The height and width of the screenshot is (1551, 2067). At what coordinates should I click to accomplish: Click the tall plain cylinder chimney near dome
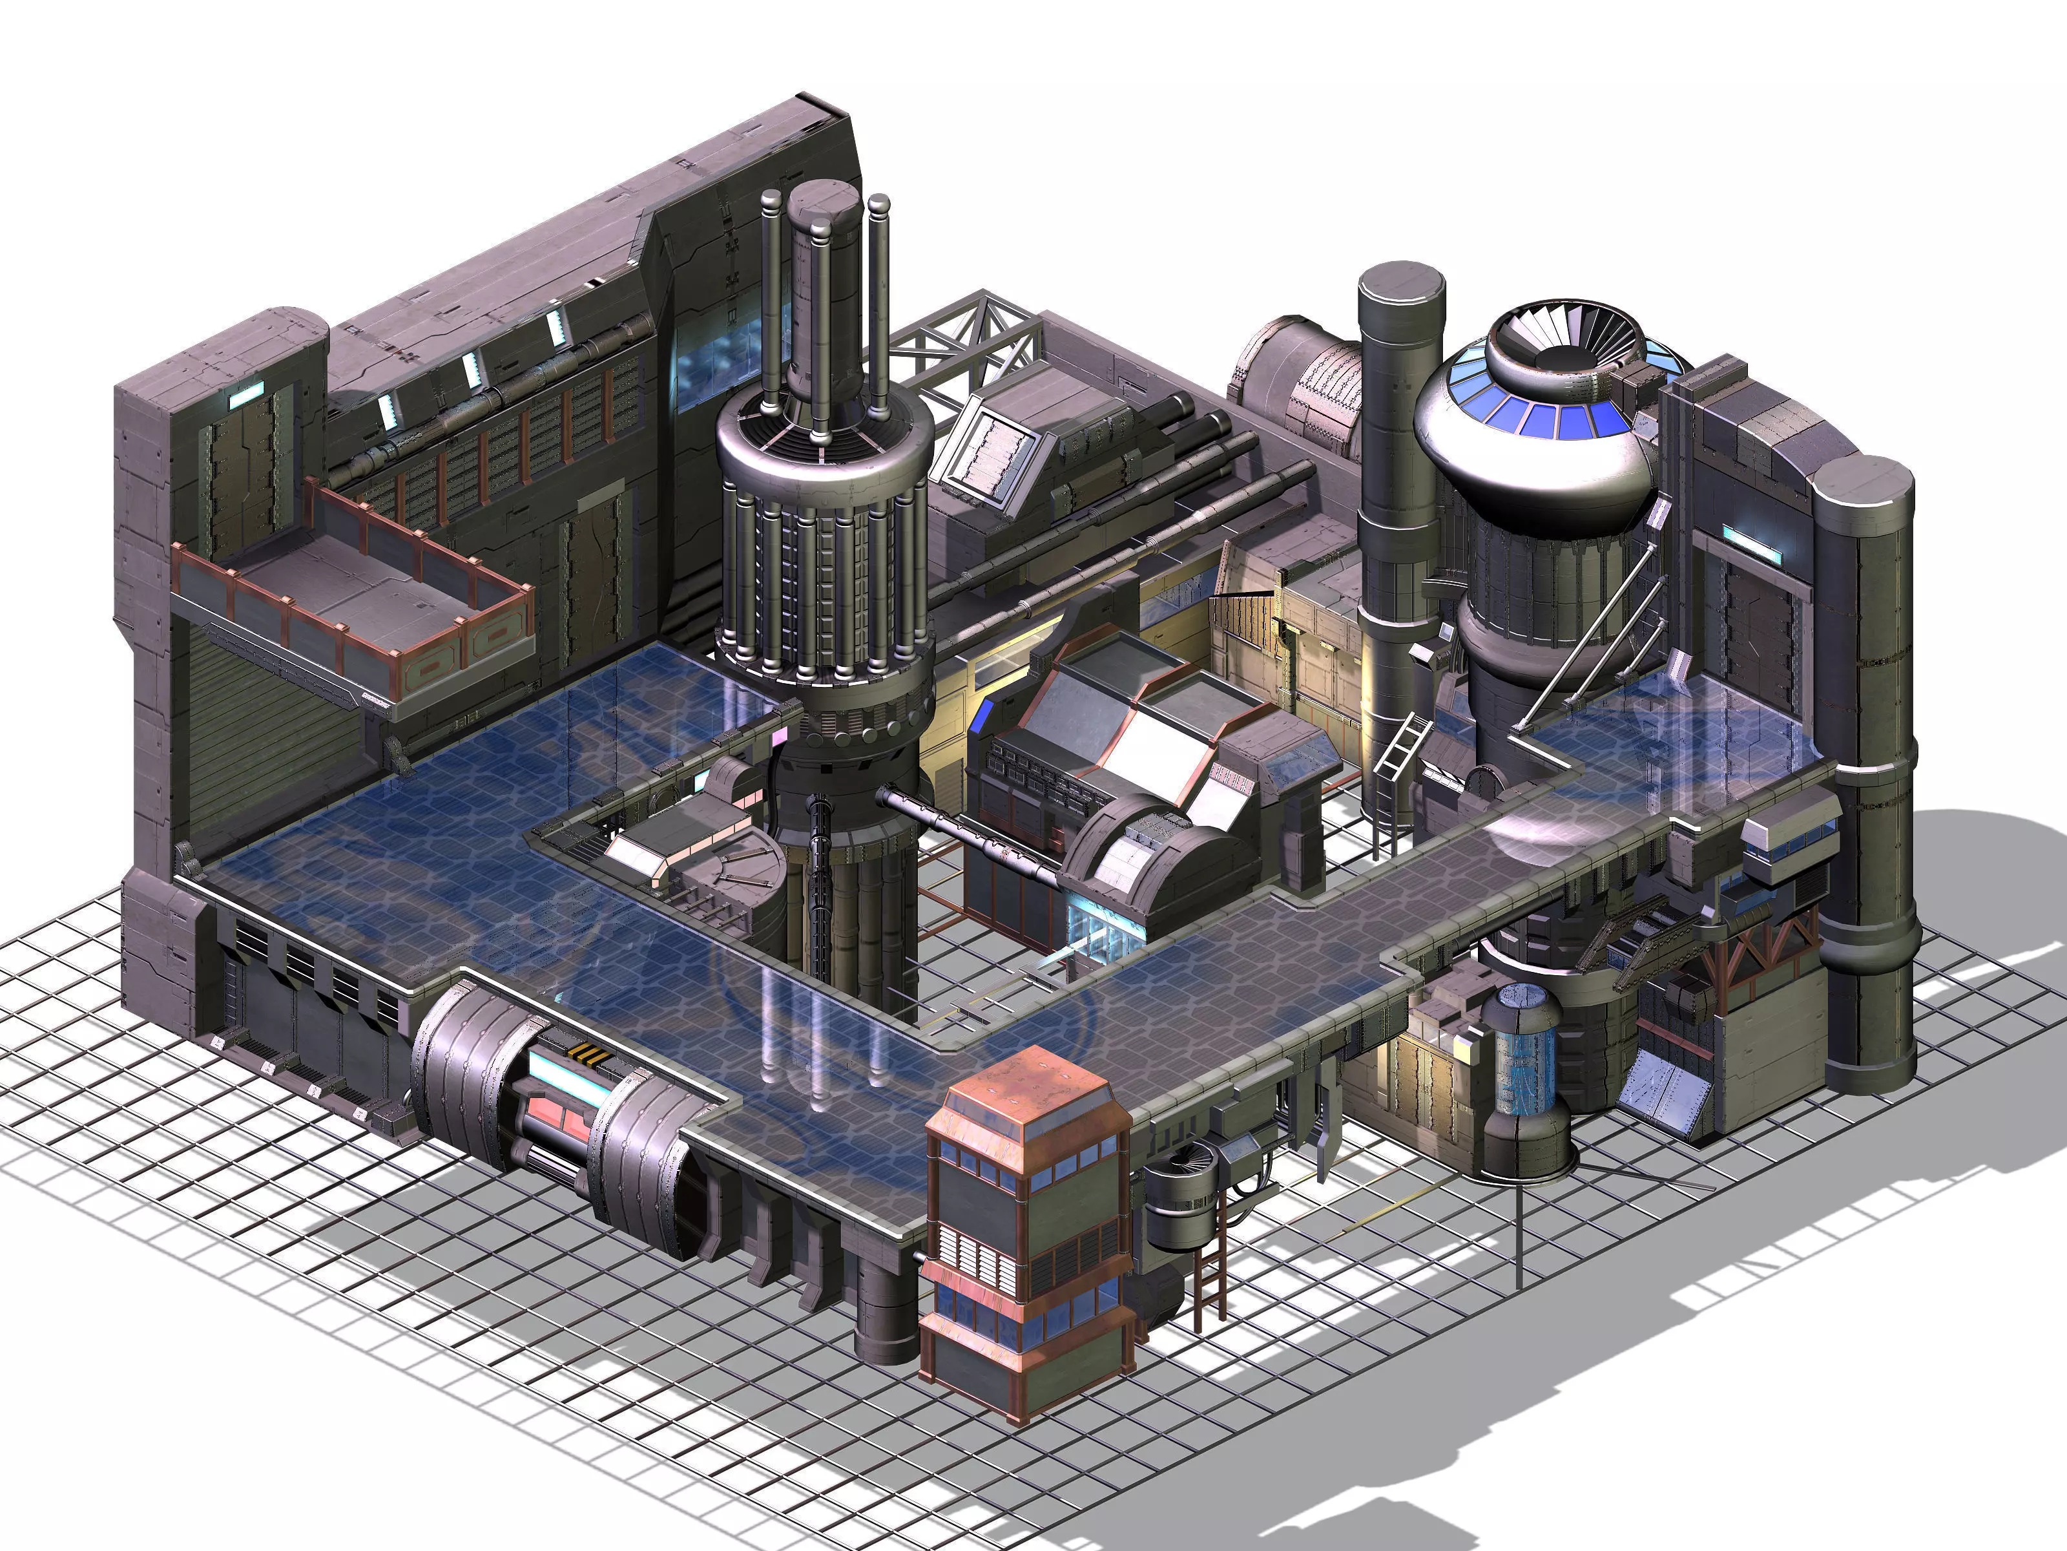[x=1399, y=523]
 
